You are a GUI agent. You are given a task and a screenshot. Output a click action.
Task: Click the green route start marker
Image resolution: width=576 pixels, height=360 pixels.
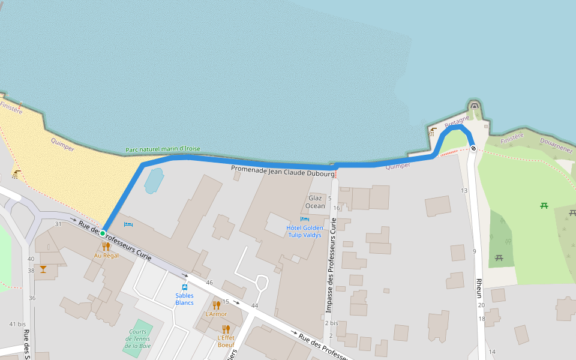click(x=103, y=233)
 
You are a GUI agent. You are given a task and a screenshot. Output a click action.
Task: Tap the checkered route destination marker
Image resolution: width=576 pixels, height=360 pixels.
click(x=473, y=148)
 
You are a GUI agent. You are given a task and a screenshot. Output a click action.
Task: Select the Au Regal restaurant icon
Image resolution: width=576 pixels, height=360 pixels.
click(x=106, y=246)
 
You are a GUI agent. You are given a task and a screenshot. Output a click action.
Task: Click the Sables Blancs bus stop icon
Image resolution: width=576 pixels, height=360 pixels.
click(x=185, y=287)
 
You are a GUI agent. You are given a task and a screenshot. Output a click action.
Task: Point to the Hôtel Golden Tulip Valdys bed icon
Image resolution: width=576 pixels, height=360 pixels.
click(x=304, y=219)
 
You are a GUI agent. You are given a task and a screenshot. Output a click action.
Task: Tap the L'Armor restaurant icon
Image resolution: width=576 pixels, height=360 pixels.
click(x=217, y=305)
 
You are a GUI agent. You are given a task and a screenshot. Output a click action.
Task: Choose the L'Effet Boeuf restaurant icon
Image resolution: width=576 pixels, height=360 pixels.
click(x=226, y=329)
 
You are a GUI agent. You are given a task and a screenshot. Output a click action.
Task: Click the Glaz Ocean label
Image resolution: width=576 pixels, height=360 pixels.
click(x=316, y=202)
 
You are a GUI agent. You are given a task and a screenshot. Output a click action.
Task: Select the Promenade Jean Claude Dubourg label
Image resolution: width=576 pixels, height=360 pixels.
click(x=282, y=170)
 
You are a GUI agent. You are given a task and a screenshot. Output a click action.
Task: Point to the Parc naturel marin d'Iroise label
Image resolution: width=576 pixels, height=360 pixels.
click(x=163, y=149)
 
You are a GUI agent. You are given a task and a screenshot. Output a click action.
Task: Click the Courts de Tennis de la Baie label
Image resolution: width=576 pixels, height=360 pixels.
click(x=137, y=338)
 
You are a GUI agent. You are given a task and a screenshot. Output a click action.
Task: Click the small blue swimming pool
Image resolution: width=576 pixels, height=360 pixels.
click(x=154, y=180)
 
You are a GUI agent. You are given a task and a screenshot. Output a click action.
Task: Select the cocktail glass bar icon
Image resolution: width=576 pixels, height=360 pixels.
click(x=43, y=269)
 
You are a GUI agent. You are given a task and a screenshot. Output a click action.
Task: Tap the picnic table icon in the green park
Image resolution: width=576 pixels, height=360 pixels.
click(x=544, y=206)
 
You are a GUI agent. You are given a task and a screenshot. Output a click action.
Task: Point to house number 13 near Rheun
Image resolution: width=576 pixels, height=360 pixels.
click(x=464, y=191)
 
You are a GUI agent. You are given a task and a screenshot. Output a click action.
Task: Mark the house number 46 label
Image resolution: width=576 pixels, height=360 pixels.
click(x=209, y=282)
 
